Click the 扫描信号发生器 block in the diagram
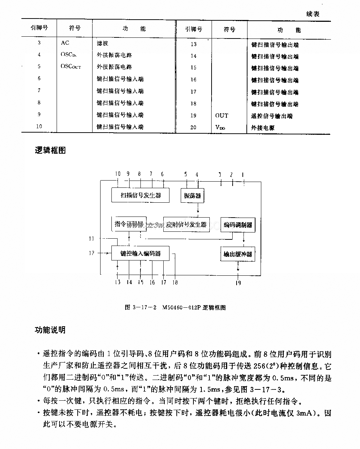141,195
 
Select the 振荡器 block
192,196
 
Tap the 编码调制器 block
238,225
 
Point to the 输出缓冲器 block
238,254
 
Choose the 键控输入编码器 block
140,253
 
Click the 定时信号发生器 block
187,224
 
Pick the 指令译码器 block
128,224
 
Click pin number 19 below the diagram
238,283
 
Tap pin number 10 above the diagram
118,174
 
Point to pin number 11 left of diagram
92,239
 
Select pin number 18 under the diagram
175,282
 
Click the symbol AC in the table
65,43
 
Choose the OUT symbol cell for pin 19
222,116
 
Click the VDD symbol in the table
220,128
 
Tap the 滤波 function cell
102,43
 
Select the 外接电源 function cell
263,128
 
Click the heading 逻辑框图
50,150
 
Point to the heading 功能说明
50,330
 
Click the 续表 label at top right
313,14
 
